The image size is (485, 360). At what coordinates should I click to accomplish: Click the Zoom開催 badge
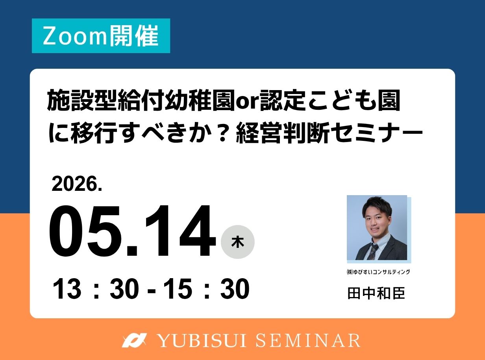click(101, 36)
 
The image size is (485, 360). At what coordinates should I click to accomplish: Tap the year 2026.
click(77, 184)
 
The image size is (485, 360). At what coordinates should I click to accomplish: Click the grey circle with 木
click(238, 242)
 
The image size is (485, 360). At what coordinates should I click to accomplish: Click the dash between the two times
click(151, 290)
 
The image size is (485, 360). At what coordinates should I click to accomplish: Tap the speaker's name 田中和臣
click(376, 293)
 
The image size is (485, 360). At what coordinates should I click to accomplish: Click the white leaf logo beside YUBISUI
click(134, 340)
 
